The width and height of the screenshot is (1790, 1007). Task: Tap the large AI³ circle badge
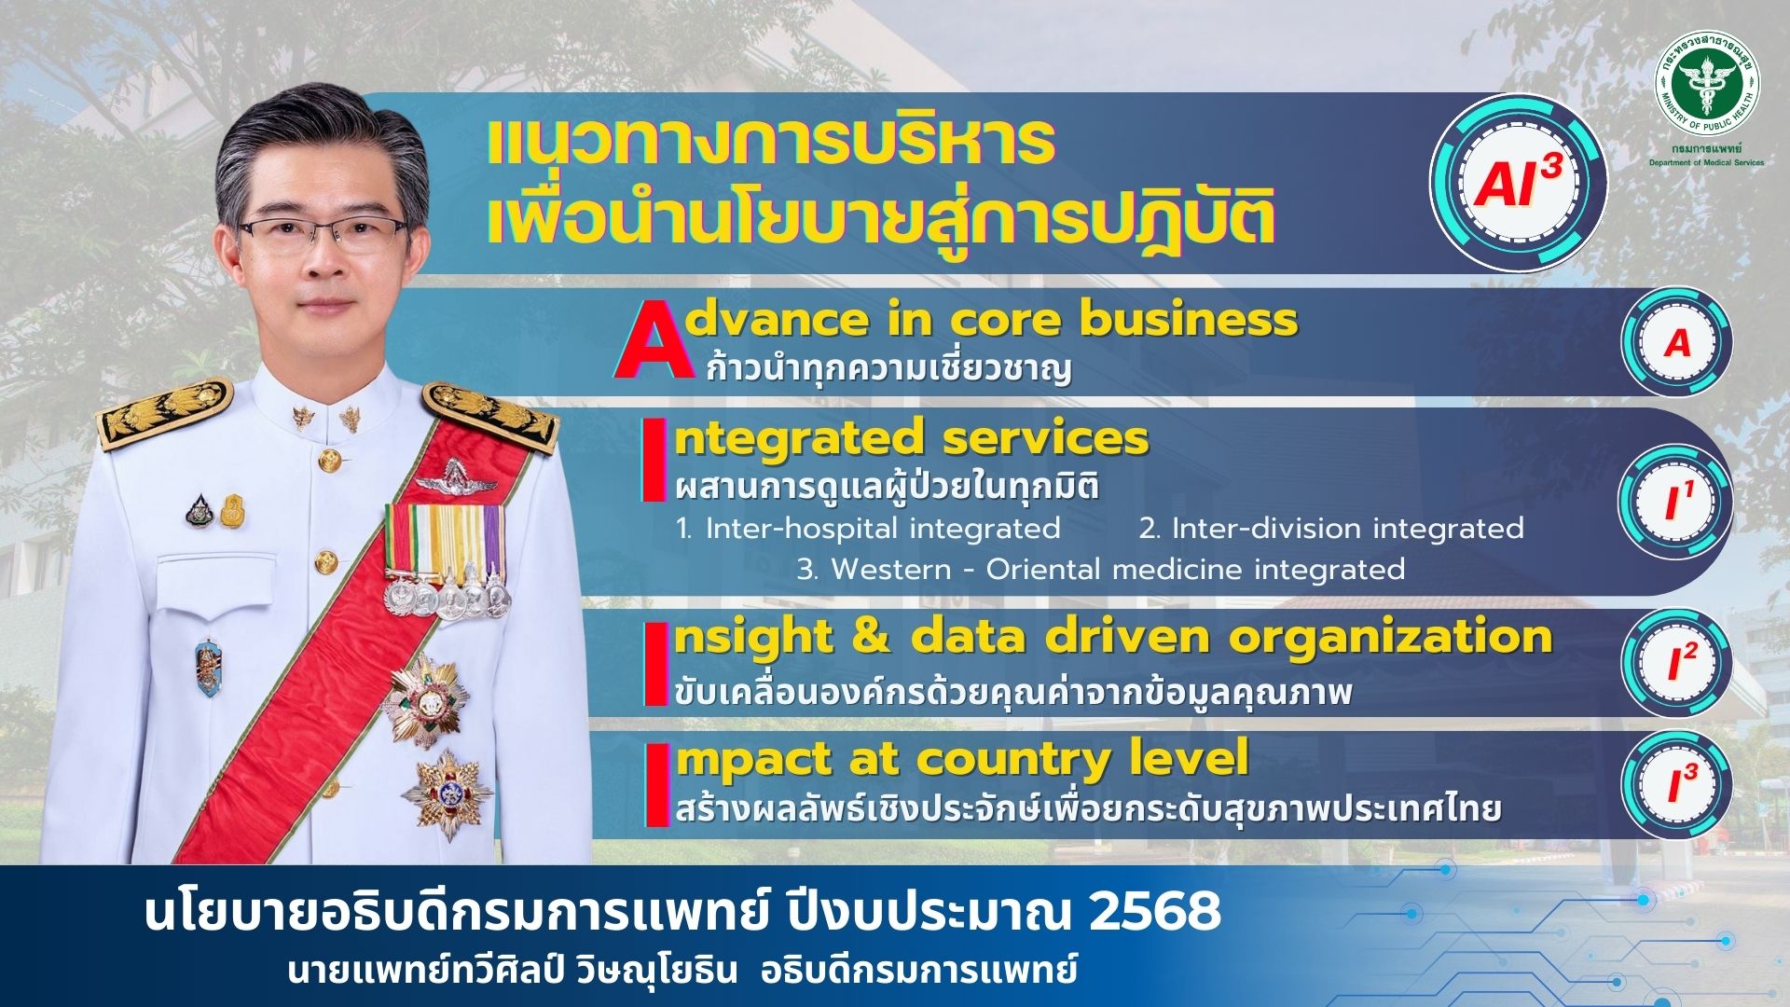[1518, 182]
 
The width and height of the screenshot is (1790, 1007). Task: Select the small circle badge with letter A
[1676, 342]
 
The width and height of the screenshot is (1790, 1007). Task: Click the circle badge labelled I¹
[1676, 503]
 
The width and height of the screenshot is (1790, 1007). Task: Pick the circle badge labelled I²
[1676, 663]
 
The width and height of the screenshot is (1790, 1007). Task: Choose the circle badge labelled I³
[1676, 784]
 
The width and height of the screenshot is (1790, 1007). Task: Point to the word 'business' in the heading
[1189, 319]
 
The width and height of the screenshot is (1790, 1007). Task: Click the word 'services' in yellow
[1045, 438]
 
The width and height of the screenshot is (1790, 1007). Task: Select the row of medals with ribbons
[446, 559]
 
